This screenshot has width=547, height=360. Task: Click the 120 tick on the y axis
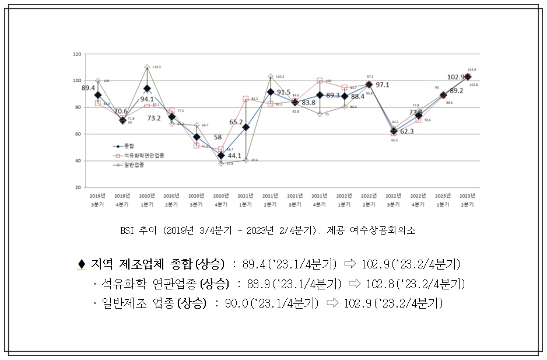coord(77,54)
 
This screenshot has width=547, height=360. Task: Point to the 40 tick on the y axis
coord(78,161)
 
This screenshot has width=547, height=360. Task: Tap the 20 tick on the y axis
coord(78,188)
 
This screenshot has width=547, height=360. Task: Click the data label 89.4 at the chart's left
coord(89,88)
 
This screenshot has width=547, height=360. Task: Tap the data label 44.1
coord(234,156)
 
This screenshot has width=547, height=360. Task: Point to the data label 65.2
coord(236,122)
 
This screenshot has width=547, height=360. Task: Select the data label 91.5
coord(283,92)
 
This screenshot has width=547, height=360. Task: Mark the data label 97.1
coord(382,85)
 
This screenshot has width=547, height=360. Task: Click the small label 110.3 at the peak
coord(156,67)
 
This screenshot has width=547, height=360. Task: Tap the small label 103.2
coord(279,76)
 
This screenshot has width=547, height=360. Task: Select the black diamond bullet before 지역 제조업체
coord(81,264)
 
